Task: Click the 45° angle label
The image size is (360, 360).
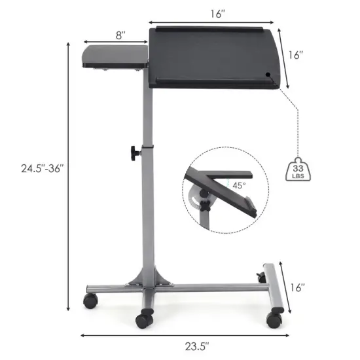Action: tap(239, 185)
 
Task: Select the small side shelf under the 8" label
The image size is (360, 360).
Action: tap(113, 56)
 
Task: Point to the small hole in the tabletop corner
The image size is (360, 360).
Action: tap(269, 74)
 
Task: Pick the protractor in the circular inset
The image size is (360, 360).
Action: tap(197, 197)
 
